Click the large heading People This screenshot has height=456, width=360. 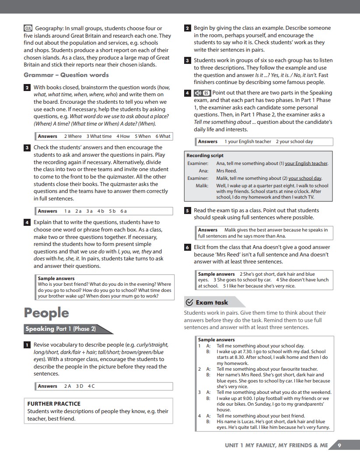(46, 313)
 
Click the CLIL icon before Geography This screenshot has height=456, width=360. (28, 28)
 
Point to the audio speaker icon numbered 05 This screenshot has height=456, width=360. (202, 93)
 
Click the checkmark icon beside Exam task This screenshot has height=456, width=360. (189, 302)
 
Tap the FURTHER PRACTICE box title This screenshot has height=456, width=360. (54, 403)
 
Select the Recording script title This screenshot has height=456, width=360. (205, 155)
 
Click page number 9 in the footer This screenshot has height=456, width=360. (339, 445)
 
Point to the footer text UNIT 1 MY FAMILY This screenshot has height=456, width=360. (276, 445)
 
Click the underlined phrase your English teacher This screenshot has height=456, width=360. (306, 164)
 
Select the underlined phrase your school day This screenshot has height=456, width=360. (305, 178)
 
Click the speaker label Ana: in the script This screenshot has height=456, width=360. (203, 171)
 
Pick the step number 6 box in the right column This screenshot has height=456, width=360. (187, 247)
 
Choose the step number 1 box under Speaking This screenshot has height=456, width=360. (27, 345)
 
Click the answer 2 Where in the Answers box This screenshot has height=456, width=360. (73, 137)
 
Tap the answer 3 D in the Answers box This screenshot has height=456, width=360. (80, 386)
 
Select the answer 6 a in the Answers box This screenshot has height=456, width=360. (123, 211)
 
